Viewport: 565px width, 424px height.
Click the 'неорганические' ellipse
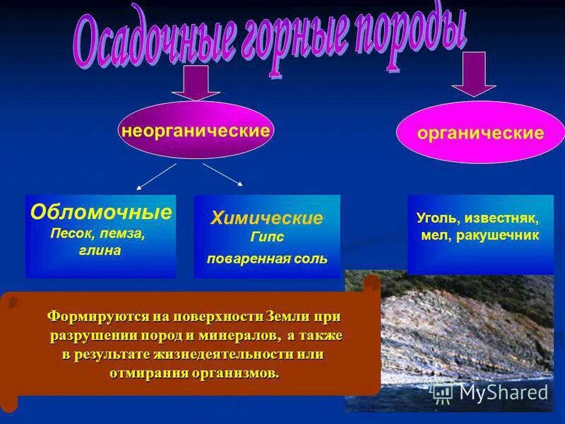pos(196,131)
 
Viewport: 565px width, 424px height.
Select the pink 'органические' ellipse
pos(480,133)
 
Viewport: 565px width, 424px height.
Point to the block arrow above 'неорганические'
pos(196,84)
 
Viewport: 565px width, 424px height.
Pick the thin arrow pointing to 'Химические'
pos(222,174)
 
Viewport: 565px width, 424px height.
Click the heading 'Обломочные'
pos(101,211)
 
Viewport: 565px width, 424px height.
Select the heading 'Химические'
pos(266,218)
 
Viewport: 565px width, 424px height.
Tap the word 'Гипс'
pos(266,236)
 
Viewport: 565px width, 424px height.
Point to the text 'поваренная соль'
pos(266,259)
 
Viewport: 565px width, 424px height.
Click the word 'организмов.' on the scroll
pos(237,372)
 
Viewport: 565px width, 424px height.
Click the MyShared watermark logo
pos(490,391)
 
